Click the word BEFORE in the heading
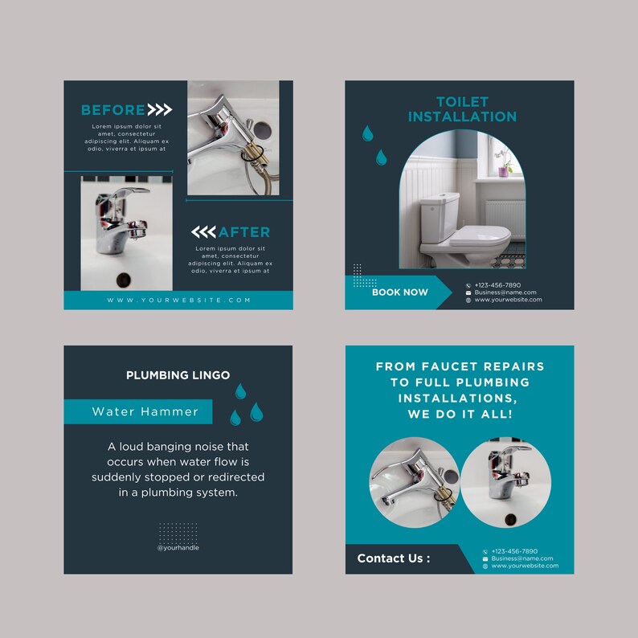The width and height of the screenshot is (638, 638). pos(113,110)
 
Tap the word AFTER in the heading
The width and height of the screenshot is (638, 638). pos(244,232)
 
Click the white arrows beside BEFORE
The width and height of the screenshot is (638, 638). pos(160,110)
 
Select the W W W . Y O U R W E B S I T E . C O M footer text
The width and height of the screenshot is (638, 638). pos(178,301)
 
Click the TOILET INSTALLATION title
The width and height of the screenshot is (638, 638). pos(462,109)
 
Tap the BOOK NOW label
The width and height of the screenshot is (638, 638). pos(399,292)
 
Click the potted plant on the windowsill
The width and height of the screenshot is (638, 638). pos(505,166)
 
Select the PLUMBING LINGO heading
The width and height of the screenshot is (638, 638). pos(178,375)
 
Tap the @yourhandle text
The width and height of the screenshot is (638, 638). pos(178,548)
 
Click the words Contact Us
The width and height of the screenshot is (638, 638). pos(393,558)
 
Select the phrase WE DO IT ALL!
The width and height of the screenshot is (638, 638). pos(460,415)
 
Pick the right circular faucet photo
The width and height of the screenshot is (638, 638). pos(505,482)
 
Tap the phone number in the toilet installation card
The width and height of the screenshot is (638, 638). pos(497,285)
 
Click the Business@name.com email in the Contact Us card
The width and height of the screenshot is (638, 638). pos(522,558)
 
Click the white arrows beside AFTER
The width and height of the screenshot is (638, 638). pos(203,232)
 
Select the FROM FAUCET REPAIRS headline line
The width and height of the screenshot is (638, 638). pos(460,366)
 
